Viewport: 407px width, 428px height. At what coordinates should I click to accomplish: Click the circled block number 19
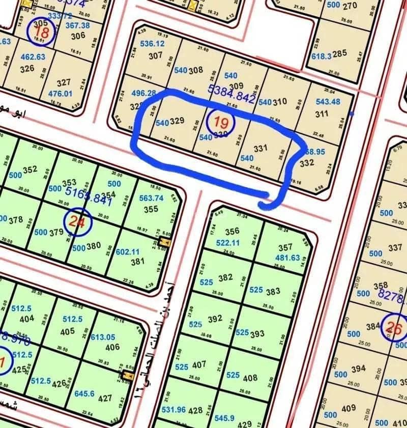[x=221, y=123]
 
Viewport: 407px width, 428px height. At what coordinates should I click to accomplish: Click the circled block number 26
[x=394, y=328]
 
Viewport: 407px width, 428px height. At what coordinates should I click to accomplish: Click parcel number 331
[x=260, y=148]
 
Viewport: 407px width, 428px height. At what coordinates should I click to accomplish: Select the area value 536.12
[x=152, y=44]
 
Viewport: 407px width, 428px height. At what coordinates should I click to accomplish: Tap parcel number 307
[x=155, y=56]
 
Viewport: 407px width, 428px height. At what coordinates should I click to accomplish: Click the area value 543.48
[x=328, y=101]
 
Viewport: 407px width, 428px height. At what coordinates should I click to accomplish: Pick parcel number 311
[x=322, y=114]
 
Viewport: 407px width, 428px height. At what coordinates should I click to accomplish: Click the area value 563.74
[x=151, y=198]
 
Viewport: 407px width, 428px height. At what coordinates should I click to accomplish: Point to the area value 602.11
[x=128, y=251]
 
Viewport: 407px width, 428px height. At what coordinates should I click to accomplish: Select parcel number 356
[x=232, y=232]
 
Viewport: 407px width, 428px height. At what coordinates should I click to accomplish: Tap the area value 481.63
[x=287, y=258]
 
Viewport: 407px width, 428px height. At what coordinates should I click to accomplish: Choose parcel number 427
[x=105, y=398]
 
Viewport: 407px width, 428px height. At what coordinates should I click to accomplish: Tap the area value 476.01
[x=60, y=94]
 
